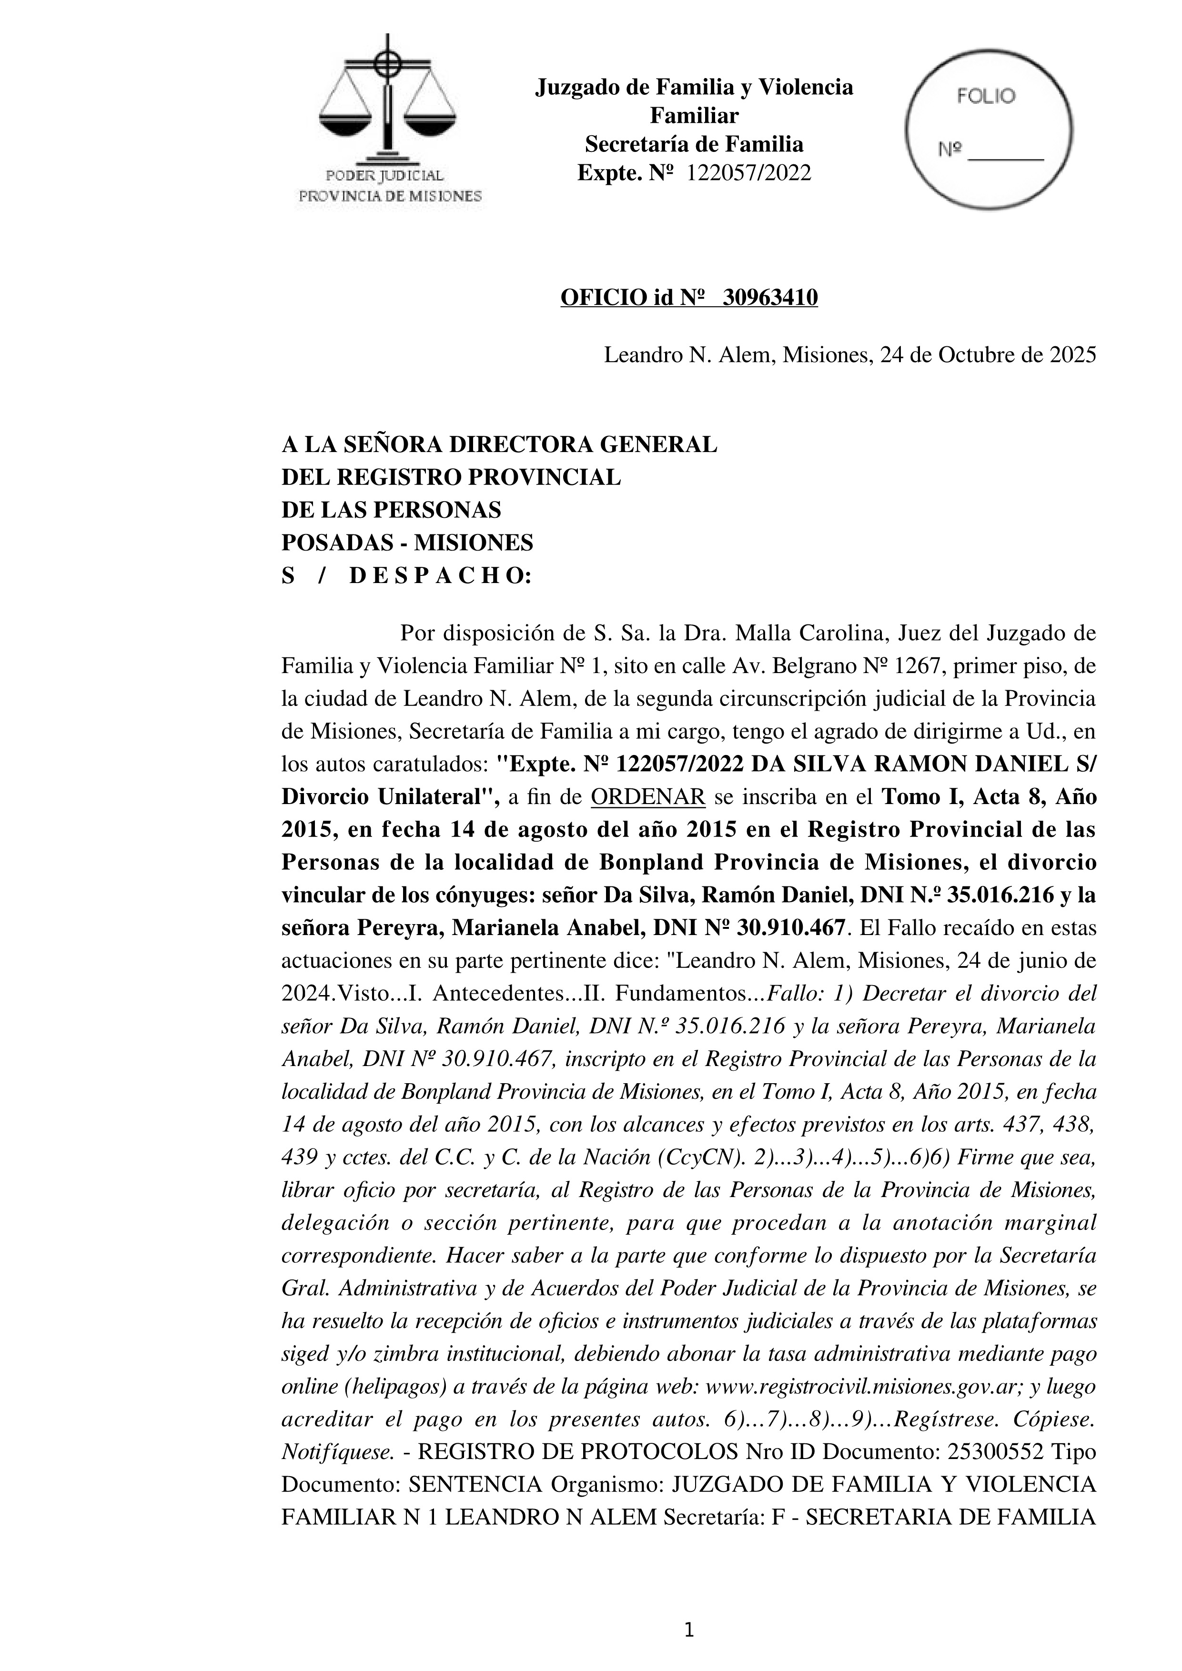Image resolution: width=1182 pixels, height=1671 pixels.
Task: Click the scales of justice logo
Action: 388,102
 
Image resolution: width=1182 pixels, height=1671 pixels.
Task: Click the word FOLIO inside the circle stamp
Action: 986,97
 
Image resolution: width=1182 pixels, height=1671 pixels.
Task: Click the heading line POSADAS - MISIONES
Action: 407,543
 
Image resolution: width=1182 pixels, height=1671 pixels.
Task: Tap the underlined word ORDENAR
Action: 648,797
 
